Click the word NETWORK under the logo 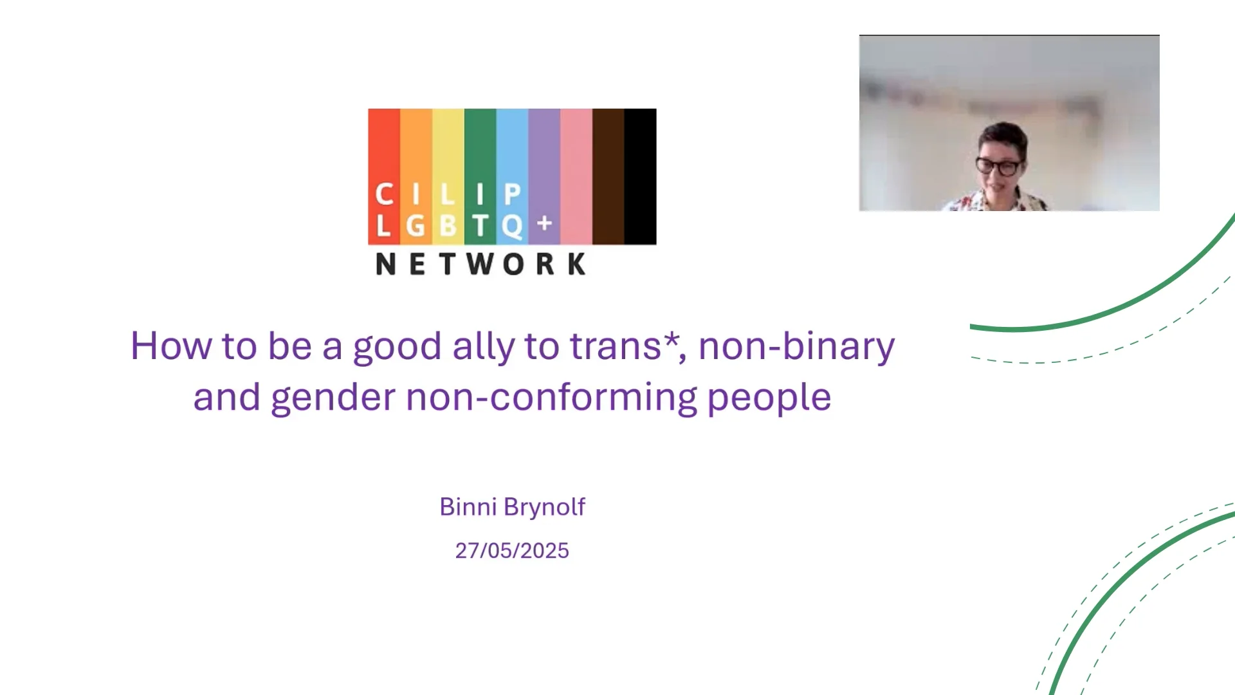tap(480, 264)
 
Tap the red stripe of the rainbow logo tap(384, 176)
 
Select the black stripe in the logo tap(641, 176)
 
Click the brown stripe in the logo tap(608, 176)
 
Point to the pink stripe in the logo tap(576, 176)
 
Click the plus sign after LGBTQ tap(545, 223)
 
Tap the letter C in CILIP tap(384, 194)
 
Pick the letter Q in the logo tap(512, 227)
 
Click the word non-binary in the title tap(796, 347)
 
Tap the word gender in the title tap(333, 398)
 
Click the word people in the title tap(769, 398)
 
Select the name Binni tap(468, 506)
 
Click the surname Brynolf tap(544, 508)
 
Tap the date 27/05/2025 tap(512, 551)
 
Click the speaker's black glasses tap(998, 167)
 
